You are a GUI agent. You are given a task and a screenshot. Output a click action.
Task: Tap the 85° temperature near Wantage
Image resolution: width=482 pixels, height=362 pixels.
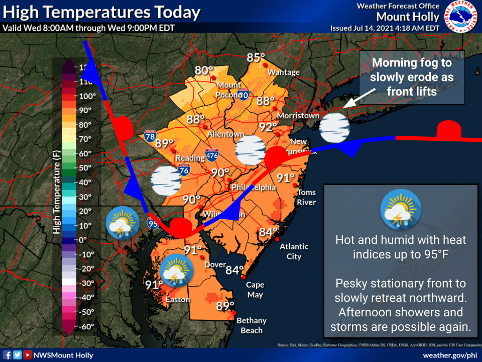(256, 58)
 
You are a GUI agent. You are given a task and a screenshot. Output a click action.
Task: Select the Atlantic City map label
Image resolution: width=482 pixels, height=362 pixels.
(294, 251)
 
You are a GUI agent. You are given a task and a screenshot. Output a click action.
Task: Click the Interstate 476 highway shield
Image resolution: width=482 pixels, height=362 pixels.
(211, 153)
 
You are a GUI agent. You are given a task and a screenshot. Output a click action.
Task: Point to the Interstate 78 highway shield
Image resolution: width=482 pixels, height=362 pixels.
(150, 135)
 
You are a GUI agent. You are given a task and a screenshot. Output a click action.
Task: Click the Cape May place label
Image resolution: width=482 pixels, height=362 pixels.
(255, 290)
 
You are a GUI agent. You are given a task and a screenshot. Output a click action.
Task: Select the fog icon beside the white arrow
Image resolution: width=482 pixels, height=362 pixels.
(334, 128)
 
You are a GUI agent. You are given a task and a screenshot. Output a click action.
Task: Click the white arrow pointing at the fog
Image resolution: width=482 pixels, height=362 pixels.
(359, 99)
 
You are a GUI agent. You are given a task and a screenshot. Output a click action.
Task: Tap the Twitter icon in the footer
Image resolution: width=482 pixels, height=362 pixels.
(18, 355)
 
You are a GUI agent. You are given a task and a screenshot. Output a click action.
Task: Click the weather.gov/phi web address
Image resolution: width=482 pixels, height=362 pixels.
(450, 355)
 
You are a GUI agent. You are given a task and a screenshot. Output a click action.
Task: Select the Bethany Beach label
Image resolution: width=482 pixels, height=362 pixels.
(251, 325)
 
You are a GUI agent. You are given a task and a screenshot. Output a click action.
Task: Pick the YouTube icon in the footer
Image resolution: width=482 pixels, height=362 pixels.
(28, 355)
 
